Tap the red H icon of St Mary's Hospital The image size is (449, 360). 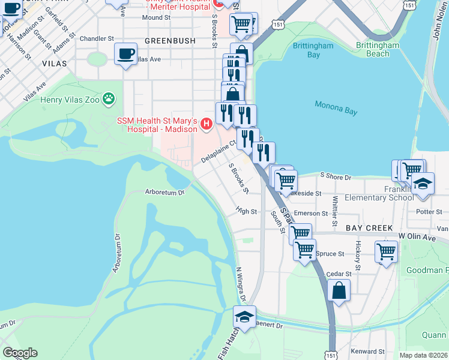(x=206, y=125)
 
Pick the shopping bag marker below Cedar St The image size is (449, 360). (x=339, y=291)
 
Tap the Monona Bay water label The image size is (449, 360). (x=337, y=108)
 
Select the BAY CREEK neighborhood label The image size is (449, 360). (x=369, y=228)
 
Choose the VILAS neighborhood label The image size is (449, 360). (x=54, y=62)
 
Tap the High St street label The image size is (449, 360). (x=246, y=211)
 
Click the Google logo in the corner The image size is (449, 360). (x=20, y=352)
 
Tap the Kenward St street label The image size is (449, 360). (x=368, y=351)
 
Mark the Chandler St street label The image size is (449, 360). (x=97, y=38)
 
